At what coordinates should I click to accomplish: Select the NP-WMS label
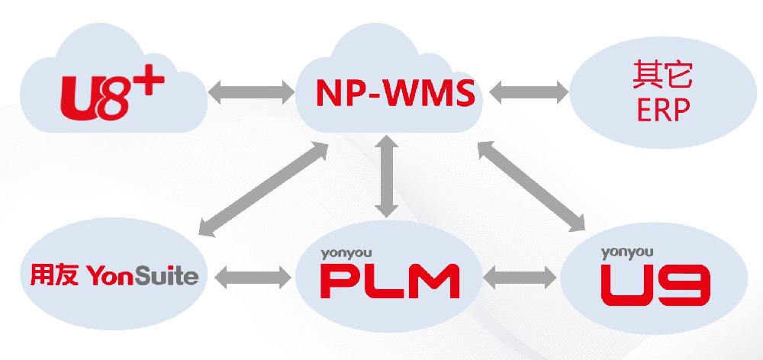pyautogui.click(x=395, y=95)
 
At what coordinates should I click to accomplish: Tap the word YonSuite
pyautogui.click(x=143, y=275)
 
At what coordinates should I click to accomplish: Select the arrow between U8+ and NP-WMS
pyautogui.click(x=251, y=95)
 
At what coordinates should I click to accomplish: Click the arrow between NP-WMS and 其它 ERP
pyautogui.click(x=529, y=95)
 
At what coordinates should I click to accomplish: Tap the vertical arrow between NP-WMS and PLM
pyautogui.click(x=388, y=175)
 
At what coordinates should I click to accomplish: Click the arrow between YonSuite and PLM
pyautogui.click(x=251, y=278)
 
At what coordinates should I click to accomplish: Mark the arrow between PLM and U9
pyautogui.click(x=520, y=278)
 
